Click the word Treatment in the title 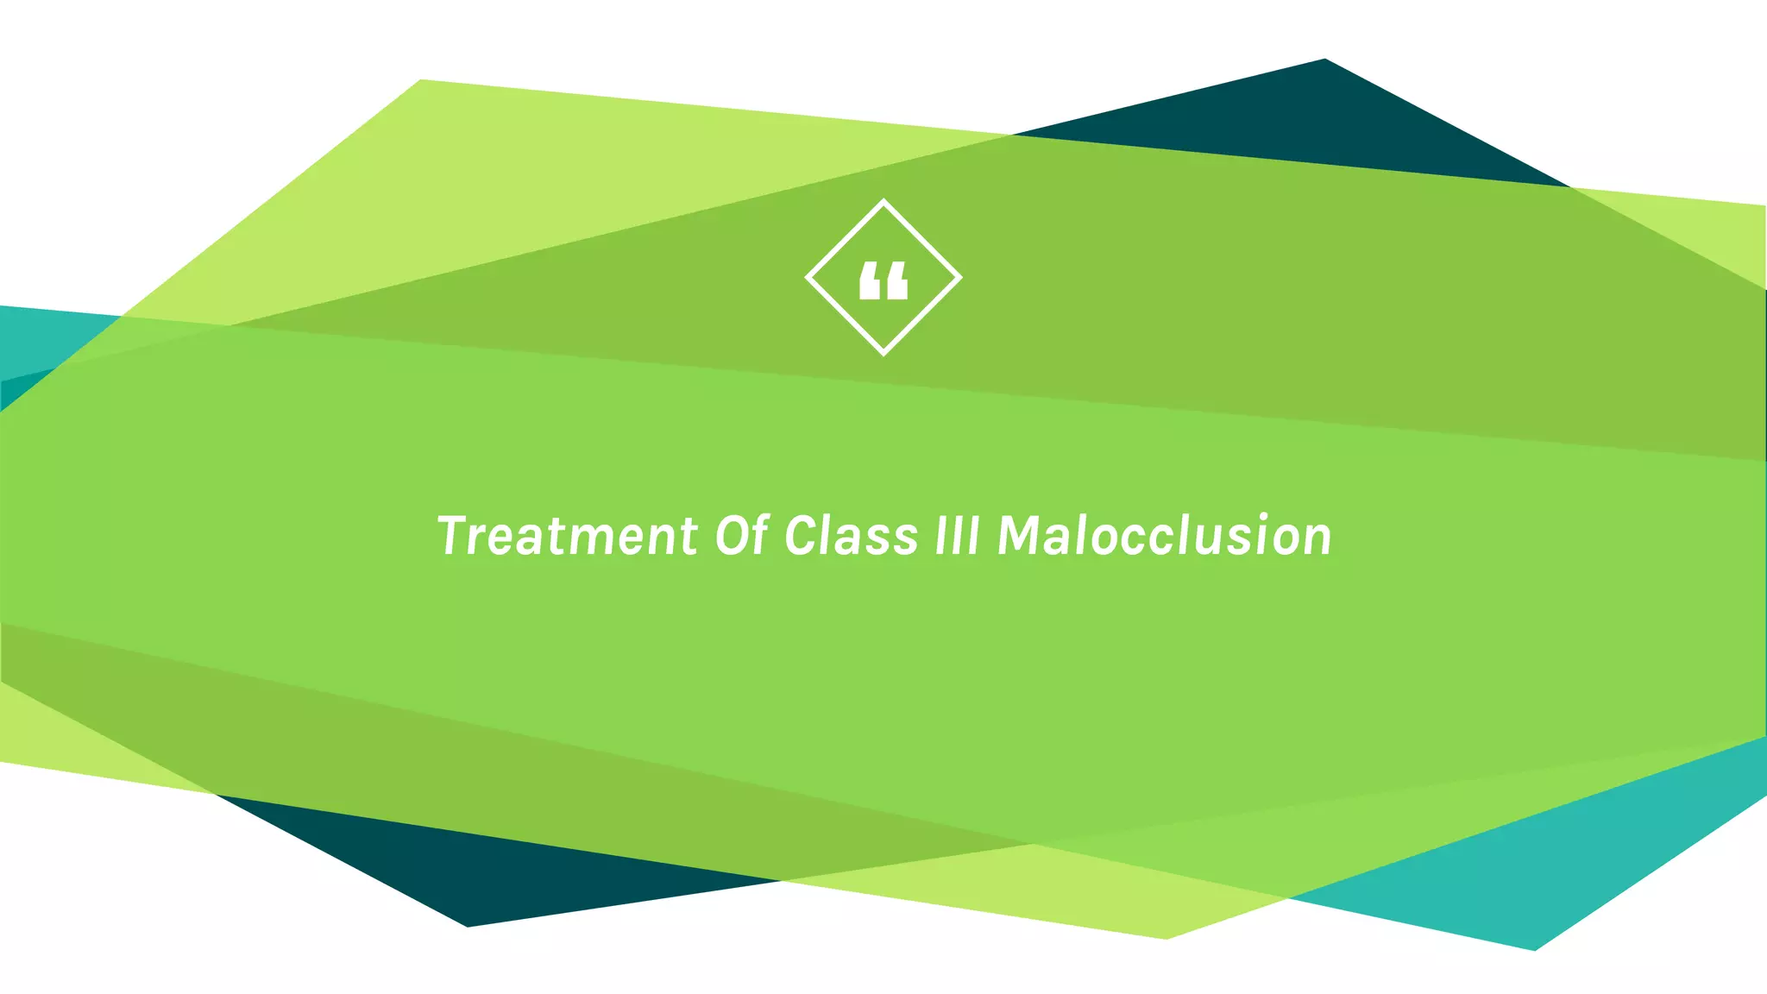point(566,536)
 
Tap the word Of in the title point(741,536)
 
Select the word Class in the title point(851,536)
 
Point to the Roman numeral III point(958,536)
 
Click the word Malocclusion point(1165,536)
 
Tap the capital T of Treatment point(454,535)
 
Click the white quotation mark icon point(883,281)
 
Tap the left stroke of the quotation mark point(871,281)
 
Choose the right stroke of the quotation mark point(896,281)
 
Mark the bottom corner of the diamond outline point(883,352)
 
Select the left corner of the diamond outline point(808,278)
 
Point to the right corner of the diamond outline point(959,278)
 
